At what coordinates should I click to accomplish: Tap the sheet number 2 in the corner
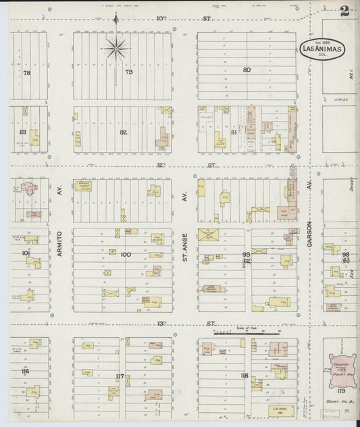click(x=344, y=11)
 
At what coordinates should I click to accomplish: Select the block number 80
click(x=247, y=70)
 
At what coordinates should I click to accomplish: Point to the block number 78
click(x=27, y=72)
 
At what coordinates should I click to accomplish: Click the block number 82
click(x=123, y=132)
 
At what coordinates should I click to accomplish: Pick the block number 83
click(x=22, y=132)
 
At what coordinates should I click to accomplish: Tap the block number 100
click(x=124, y=254)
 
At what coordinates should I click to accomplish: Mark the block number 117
click(x=120, y=376)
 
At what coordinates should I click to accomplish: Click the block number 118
click(x=244, y=376)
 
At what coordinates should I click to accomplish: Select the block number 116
click(x=25, y=372)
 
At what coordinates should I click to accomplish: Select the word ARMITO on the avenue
click(x=59, y=240)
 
